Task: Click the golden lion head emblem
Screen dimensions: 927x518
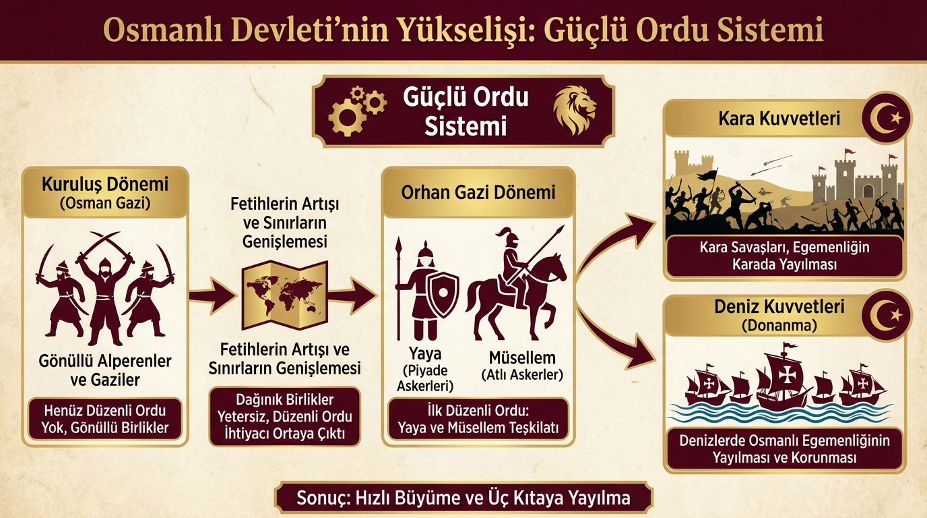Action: pos(575,110)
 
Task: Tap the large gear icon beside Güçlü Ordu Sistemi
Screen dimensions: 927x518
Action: pos(347,117)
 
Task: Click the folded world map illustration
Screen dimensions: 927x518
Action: pos(285,295)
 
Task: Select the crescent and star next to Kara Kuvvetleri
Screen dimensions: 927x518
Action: pos(887,117)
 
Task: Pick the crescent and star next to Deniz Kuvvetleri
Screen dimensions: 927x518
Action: pos(887,315)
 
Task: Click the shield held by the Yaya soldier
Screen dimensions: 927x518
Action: pos(443,294)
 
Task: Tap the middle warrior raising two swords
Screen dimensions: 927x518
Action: pos(104,290)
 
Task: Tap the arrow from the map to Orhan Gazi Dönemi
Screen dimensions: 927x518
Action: pos(352,295)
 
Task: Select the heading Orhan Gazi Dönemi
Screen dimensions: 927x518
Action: pos(478,193)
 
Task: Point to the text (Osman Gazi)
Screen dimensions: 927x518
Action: pos(105,204)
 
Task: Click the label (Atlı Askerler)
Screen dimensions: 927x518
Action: pos(522,375)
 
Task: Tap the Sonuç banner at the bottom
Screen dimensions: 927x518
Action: pos(463,498)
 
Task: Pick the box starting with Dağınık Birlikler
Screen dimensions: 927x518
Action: pos(285,416)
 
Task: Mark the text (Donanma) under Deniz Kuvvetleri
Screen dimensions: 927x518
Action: pos(779,326)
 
